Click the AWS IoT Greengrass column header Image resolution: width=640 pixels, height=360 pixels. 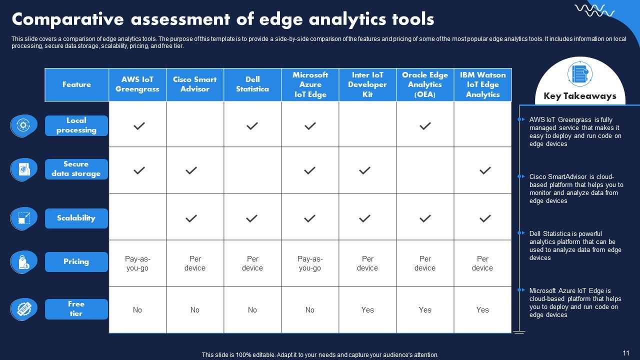[x=137, y=84]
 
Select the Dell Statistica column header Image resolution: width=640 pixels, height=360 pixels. [x=252, y=84]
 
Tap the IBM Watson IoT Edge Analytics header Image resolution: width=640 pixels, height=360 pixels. [x=482, y=84]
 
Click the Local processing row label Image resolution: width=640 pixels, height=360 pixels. [x=76, y=125]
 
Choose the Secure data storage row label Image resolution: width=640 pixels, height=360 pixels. [x=76, y=169]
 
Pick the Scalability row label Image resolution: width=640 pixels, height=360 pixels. [x=76, y=218]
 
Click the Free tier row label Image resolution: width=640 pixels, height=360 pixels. [x=76, y=309]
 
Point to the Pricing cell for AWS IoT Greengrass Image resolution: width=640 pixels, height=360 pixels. [x=137, y=263]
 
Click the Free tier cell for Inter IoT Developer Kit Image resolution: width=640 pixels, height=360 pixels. [x=367, y=310]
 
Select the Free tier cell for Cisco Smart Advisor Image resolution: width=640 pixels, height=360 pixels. [x=195, y=310]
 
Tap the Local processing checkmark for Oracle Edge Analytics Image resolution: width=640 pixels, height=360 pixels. [x=425, y=126]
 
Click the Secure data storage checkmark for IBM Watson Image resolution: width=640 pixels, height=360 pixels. [x=484, y=170]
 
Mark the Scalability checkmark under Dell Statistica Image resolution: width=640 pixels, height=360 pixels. [x=252, y=218]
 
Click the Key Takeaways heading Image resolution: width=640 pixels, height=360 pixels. [x=580, y=96]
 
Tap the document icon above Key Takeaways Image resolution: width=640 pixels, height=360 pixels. [x=580, y=74]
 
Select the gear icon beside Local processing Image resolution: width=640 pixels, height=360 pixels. [x=23, y=125]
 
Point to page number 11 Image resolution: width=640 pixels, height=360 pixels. [x=626, y=352]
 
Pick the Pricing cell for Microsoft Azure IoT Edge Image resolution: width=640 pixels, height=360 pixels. [x=310, y=263]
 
